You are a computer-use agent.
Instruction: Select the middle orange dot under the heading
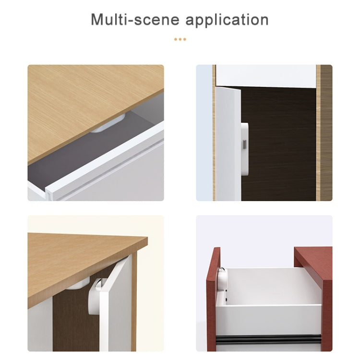[180, 39]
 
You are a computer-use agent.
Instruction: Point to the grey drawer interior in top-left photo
[72, 166]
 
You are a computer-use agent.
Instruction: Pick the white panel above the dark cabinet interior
[265, 75]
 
